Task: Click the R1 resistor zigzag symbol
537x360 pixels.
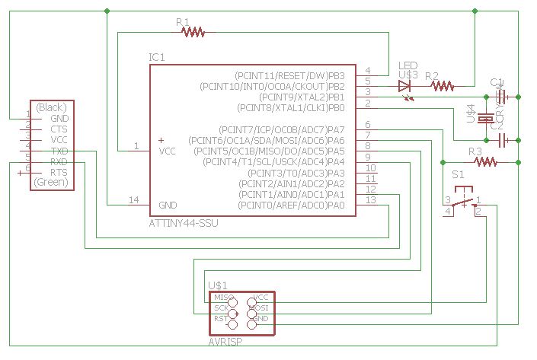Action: (x=194, y=33)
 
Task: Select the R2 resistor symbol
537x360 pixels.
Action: (x=443, y=86)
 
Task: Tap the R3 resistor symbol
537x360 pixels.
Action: (x=485, y=161)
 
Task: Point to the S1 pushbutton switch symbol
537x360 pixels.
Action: (x=462, y=203)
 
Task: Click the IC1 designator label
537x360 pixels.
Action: (x=157, y=58)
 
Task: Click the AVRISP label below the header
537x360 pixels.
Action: (x=225, y=342)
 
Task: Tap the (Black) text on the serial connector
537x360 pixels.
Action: (x=52, y=107)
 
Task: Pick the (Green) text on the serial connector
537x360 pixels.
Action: (x=52, y=183)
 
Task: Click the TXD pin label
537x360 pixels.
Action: (x=59, y=151)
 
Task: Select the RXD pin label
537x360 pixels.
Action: (x=59, y=162)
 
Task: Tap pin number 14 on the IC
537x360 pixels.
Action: (x=134, y=200)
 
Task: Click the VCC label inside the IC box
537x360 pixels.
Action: (x=168, y=151)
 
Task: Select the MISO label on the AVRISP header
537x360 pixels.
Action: (x=224, y=297)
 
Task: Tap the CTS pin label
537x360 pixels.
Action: (x=59, y=129)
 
